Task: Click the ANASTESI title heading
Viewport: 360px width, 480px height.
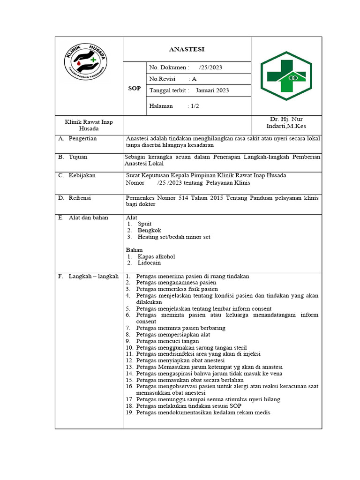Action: (187, 49)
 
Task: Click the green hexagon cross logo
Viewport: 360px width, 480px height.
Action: (286, 76)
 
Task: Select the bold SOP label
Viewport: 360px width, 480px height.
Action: (135, 88)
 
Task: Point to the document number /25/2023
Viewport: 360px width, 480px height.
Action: (210, 67)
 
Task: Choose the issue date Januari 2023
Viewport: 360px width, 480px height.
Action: (212, 90)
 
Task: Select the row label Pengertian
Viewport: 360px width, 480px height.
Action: (82, 139)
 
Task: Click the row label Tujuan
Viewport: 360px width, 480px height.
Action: (78, 157)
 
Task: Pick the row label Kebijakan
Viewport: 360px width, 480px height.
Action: (82, 175)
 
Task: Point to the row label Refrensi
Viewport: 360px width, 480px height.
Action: (80, 198)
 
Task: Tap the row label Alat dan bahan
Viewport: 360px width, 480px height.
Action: (88, 217)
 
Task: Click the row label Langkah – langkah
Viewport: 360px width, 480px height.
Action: (93, 277)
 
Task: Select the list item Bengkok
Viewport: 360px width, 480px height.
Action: (149, 231)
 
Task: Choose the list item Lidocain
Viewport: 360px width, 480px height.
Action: (149, 263)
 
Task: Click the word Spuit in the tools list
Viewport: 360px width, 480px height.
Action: (144, 224)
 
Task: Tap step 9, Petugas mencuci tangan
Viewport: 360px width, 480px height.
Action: (167, 341)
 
